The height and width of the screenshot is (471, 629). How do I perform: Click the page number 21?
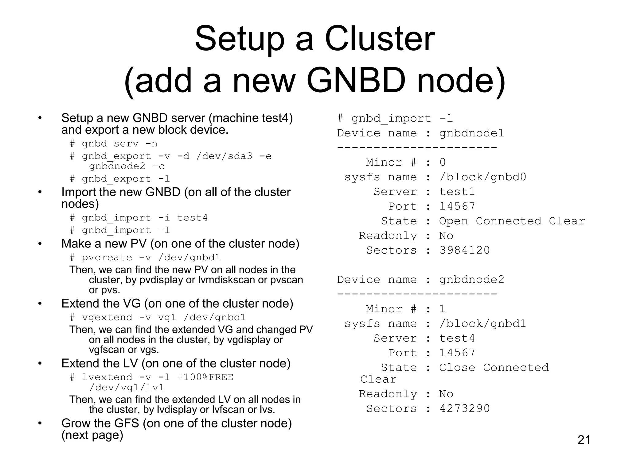tap(584, 440)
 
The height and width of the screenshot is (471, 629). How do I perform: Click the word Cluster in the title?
tap(380, 39)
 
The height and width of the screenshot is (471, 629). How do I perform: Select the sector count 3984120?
tap(464, 250)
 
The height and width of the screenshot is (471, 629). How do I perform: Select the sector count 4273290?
tap(464, 408)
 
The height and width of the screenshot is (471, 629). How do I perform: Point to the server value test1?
tap(457, 192)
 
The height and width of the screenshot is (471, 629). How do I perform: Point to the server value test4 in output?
tap(457, 338)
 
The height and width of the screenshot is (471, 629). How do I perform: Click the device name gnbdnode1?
tap(471, 133)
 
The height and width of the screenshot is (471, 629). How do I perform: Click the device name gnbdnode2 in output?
tap(471, 280)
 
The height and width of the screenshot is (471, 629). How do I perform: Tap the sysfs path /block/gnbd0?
tap(482, 177)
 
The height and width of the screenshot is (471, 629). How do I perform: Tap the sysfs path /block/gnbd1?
tap(482, 324)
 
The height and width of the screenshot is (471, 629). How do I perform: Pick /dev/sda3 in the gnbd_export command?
tap(224, 156)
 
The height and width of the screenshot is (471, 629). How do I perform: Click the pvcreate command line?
tap(145, 257)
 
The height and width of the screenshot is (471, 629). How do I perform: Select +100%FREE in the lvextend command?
tap(205, 377)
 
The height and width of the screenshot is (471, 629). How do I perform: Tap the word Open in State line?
tap(453, 221)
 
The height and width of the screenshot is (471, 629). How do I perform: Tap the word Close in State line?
tap(457, 367)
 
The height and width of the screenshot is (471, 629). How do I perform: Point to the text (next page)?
tap(92, 435)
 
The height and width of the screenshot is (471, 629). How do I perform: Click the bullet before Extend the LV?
tap(40, 363)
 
